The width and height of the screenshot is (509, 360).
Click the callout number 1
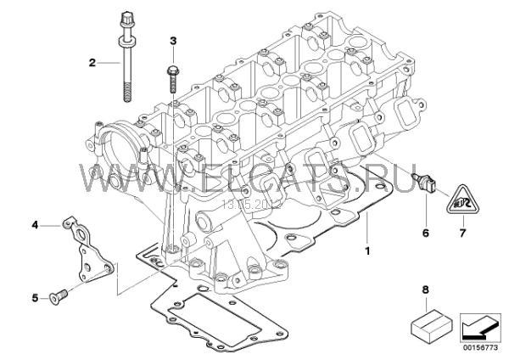coord(366,251)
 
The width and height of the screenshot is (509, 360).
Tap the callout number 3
coord(173,40)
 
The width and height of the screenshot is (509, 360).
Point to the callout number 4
coord(36,225)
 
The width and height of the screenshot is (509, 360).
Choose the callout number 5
coord(36,297)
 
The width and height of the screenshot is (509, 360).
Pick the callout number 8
coord(424,290)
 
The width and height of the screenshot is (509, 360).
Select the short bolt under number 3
coord(173,75)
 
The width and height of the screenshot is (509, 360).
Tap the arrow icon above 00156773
coord(479,325)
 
